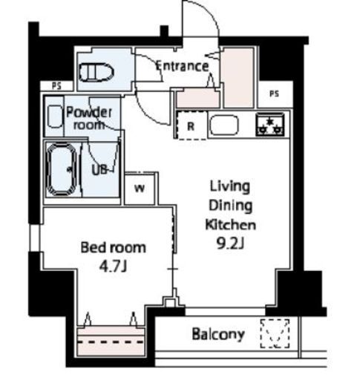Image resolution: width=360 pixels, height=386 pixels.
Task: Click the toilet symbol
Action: click(x=96, y=72)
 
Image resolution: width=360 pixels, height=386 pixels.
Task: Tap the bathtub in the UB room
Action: click(x=62, y=169)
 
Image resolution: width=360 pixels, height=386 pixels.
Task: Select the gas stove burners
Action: click(x=270, y=125)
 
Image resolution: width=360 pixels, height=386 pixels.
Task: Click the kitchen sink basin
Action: click(x=224, y=125)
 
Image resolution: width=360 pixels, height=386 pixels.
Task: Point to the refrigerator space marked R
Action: click(x=191, y=125)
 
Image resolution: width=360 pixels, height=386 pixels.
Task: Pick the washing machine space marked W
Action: click(x=140, y=189)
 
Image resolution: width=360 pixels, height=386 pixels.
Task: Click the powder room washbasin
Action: click(x=55, y=117)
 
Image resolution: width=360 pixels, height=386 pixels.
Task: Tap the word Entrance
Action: click(x=182, y=66)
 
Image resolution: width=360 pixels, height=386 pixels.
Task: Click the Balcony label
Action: click(x=218, y=334)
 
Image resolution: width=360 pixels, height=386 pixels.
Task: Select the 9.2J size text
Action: click(x=230, y=243)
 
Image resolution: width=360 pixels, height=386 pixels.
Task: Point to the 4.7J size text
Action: click(x=113, y=266)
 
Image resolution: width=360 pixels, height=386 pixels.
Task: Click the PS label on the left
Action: click(x=56, y=86)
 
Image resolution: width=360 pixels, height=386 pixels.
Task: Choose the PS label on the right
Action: click(x=274, y=94)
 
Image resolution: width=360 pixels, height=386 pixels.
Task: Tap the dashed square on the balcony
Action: click(x=275, y=333)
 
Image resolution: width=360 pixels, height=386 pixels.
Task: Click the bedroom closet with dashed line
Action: click(x=111, y=341)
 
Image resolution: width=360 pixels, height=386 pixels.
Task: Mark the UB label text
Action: click(x=99, y=170)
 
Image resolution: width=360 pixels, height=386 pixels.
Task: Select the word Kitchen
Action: click(x=231, y=225)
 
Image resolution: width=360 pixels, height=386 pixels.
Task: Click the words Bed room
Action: click(x=114, y=247)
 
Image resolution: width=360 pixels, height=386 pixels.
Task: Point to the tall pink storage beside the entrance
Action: click(x=238, y=77)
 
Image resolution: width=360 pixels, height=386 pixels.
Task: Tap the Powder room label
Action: click(x=89, y=118)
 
